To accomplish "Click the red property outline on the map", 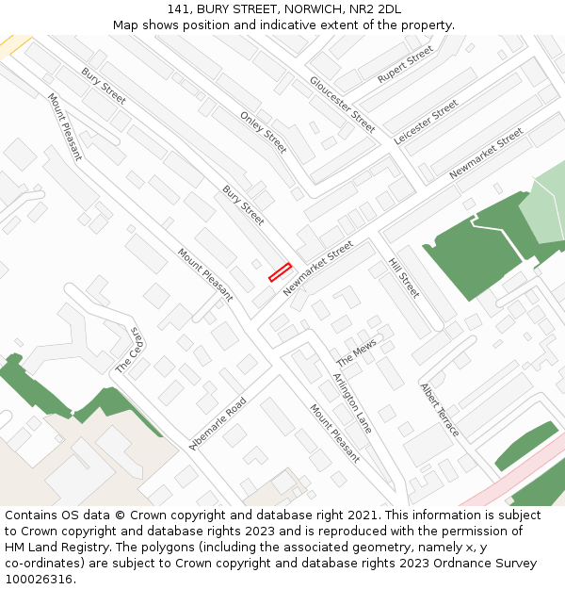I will click(280, 271).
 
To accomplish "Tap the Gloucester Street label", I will click(343, 104).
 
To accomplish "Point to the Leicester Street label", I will click(426, 122).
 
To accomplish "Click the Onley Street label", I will click(263, 132).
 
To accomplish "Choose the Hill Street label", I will click(404, 278).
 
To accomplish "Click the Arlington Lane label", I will click(352, 402).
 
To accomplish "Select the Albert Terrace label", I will click(440, 409).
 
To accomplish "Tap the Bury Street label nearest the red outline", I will click(243, 205).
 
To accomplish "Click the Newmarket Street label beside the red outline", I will click(318, 268).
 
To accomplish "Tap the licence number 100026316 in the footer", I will click(39, 579).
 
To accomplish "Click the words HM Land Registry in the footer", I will click(55, 547).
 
